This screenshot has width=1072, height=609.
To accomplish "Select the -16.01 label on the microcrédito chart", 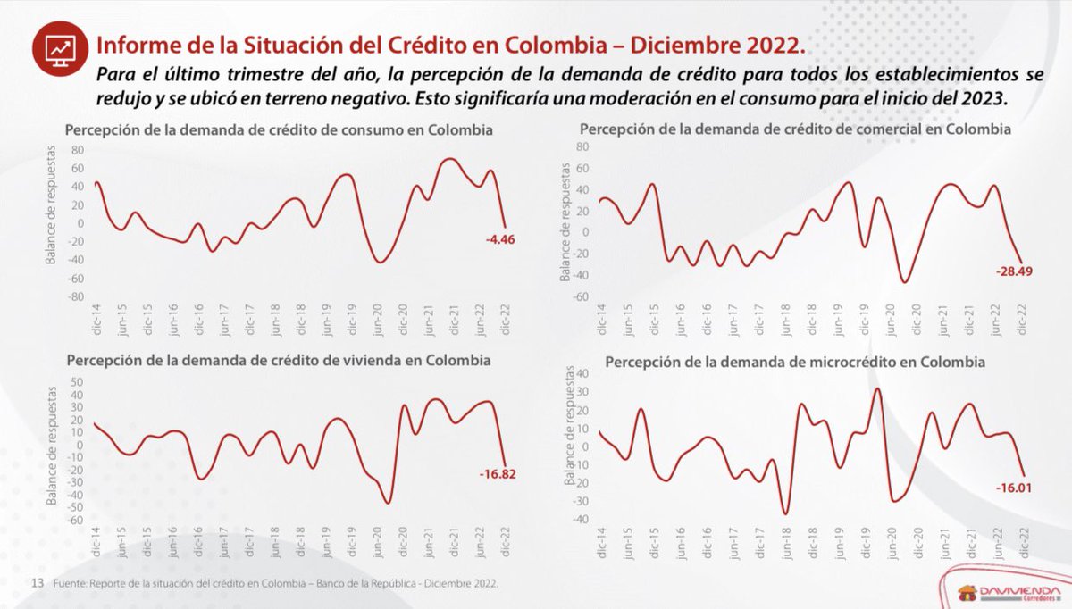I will click(x=1013, y=488).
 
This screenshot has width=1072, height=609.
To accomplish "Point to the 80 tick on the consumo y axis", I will click(x=77, y=150).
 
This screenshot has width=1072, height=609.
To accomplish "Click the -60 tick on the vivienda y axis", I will click(x=77, y=520).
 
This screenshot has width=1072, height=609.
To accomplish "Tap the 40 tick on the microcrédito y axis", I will click(x=583, y=373).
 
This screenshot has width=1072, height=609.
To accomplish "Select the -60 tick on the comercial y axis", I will click(x=583, y=297).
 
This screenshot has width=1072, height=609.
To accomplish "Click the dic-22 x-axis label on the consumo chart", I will click(x=505, y=316).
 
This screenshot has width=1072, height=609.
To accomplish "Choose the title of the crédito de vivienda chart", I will click(x=278, y=361).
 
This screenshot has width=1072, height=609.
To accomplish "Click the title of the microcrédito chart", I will click(x=795, y=363).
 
